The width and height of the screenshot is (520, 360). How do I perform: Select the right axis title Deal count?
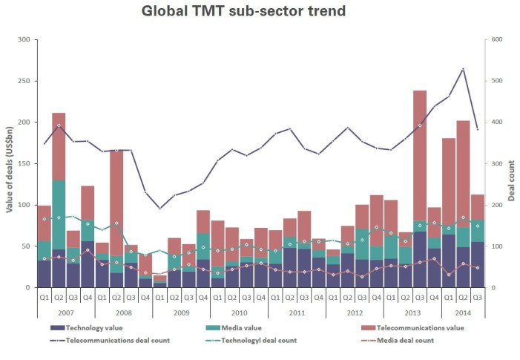[x=511, y=163]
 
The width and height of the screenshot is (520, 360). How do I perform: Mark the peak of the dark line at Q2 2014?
[x=463, y=69]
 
